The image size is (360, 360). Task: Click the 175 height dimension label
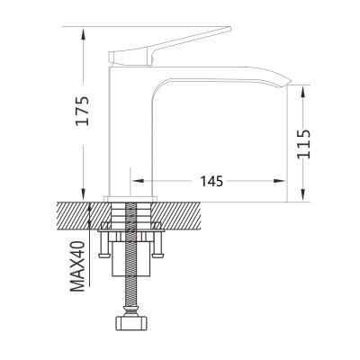tap(83, 110)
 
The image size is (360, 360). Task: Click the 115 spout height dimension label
tap(304, 144)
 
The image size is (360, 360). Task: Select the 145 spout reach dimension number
tap(211, 181)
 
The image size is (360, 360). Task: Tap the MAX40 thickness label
tap(78, 266)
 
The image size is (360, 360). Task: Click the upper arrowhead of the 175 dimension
tap(84, 34)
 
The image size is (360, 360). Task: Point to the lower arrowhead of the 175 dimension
tap(84, 193)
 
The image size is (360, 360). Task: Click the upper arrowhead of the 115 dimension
tap(304, 93)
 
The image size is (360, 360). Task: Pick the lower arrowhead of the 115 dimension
tap(304, 194)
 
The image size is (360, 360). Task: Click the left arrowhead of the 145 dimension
tap(139, 181)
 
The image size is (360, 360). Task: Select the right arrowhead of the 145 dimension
tap(278, 181)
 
